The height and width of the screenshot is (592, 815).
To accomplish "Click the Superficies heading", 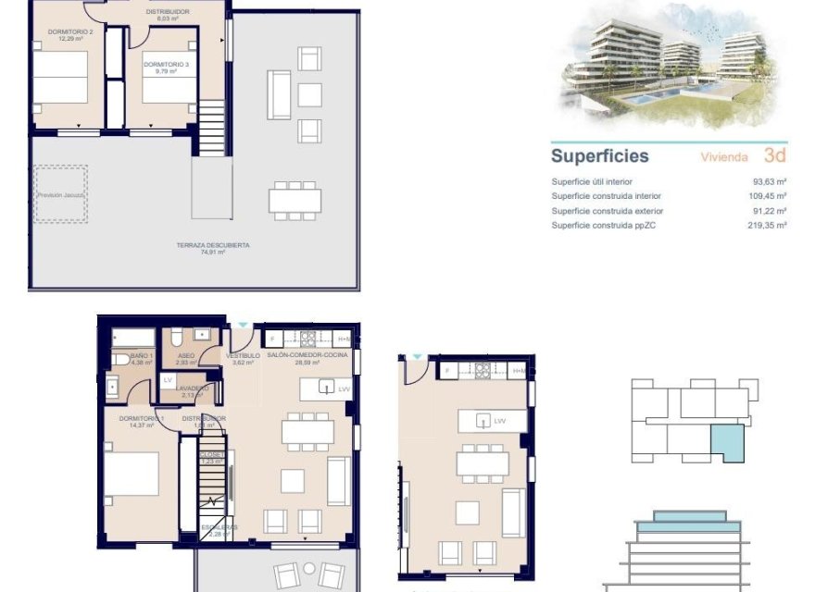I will coord(600,156).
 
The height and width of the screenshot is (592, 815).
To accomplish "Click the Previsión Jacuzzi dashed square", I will coord(61,194).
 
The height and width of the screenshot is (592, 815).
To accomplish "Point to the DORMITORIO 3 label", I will coord(166,64).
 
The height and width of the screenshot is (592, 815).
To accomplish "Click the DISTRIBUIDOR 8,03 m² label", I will coord(168,15).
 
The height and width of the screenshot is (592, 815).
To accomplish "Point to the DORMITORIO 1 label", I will coord(141,421).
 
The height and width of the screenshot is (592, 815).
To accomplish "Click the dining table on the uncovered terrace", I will coord(296,199).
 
